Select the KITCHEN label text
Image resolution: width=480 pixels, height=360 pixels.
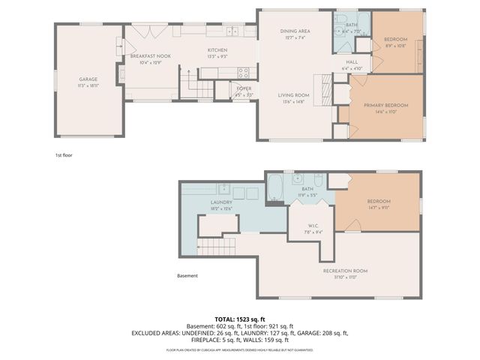pos(217,51)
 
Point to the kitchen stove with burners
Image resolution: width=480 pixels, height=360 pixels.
pos(244,73)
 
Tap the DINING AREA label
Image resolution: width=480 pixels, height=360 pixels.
pos(295,31)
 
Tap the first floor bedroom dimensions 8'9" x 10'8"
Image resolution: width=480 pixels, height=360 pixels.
pos(396,46)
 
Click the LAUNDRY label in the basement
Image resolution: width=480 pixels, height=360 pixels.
pos(221,202)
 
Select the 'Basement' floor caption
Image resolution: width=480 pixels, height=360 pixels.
pos(187,275)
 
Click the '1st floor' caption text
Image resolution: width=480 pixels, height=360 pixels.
pos(63,155)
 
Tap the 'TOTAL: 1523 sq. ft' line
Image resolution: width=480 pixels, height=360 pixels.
pos(239,319)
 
